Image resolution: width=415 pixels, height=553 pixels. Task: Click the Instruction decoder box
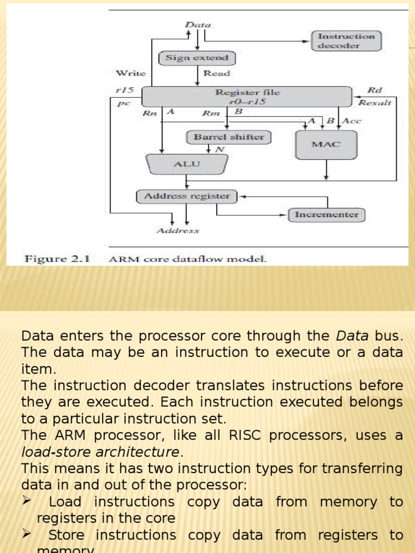tap(346, 41)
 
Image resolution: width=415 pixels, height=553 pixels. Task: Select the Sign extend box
tap(197, 58)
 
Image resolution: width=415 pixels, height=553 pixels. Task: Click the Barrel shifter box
tap(229, 137)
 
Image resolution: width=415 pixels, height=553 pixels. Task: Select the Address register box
tap(186, 197)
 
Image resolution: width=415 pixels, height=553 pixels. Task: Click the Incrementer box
tap(326, 215)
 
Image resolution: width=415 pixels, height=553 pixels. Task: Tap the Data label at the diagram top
tap(198, 25)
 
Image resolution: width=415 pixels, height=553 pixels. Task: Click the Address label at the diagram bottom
tap(178, 231)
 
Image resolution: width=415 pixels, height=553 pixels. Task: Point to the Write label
tap(130, 73)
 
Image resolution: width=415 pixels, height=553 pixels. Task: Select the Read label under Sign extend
tap(216, 73)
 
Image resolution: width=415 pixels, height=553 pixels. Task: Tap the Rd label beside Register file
tap(374, 90)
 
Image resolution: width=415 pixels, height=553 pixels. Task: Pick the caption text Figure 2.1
tap(57, 259)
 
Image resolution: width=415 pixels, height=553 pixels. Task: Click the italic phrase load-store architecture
tap(99, 451)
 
